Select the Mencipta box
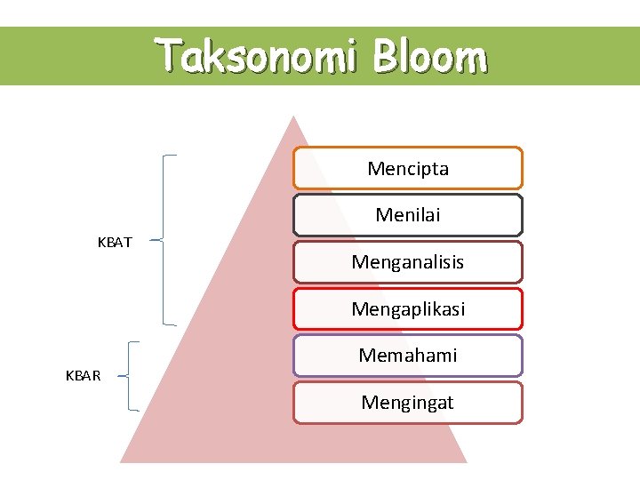click(x=408, y=168)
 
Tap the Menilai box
click(x=408, y=215)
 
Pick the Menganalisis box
click(x=408, y=262)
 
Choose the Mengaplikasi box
click(x=408, y=309)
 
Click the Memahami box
click(x=408, y=356)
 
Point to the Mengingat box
click(x=408, y=403)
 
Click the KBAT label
click(x=115, y=242)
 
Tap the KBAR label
click(x=84, y=376)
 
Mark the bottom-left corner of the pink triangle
click(x=122, y=461)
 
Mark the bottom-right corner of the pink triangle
click(x=466, y=461)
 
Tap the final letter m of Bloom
click(x=473, y=59)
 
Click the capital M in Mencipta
click(x=374, y=168)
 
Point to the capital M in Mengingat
click(x=368, y=403)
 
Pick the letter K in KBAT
click(x=100, y=242)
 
